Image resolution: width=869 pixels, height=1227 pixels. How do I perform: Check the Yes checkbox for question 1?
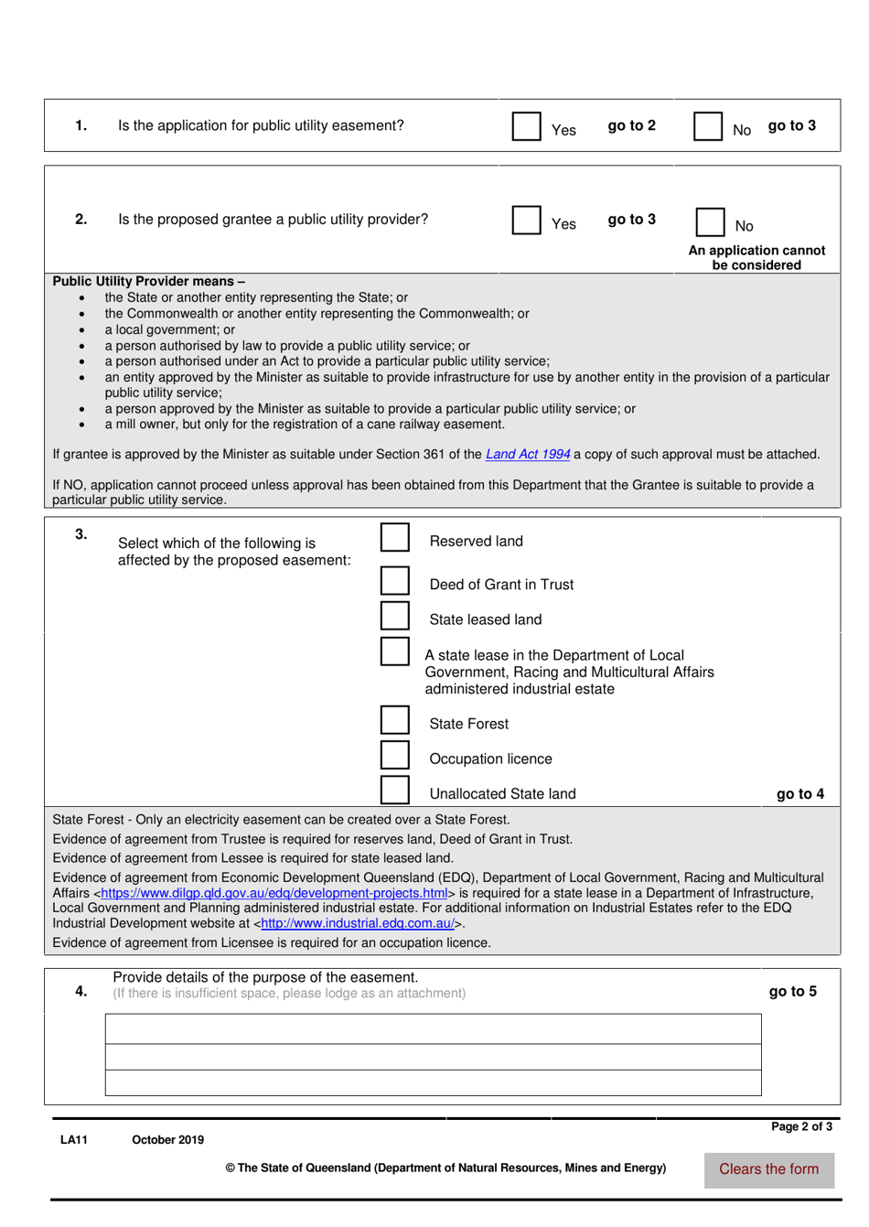[526, 126]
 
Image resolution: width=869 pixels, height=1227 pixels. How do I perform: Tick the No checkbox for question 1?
[707, 126]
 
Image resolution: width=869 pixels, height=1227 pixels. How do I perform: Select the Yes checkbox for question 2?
[526, 220]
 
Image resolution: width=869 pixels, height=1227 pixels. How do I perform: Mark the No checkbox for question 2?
[710, 222]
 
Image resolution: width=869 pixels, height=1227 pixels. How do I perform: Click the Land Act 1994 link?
[528, 455]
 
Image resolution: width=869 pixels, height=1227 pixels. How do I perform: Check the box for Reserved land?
[394, 538]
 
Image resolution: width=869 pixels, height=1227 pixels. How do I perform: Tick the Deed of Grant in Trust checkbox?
[394, 581]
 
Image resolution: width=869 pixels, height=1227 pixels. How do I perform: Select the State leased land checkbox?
[394, 616]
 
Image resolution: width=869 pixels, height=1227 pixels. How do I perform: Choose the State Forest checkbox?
[394, 720]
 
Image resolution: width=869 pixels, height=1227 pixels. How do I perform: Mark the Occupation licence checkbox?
[394, 755]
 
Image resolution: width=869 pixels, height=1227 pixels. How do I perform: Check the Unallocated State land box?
[394, 790]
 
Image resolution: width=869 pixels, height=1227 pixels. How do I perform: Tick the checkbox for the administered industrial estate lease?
[394, 651]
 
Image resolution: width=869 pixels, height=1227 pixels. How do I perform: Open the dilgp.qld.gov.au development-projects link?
[274, 893]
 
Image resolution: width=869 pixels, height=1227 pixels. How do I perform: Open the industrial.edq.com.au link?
[357, 924]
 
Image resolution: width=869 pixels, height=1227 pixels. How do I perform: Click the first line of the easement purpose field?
[433, 1029]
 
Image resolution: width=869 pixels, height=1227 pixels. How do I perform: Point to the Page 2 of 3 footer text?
[801, 1126]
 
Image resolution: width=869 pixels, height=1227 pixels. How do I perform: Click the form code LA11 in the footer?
[73, 1140]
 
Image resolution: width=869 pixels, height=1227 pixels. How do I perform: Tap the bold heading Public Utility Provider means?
[148, 282]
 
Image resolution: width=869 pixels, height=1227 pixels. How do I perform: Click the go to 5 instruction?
[792, 992]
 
